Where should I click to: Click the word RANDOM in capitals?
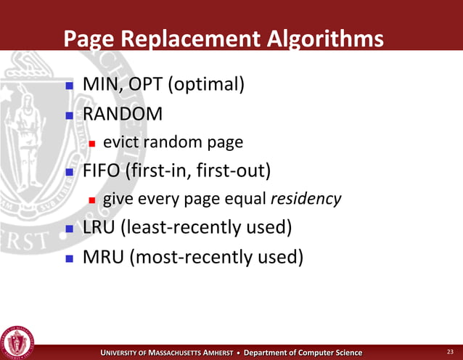point(123,114)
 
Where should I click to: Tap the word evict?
point(121,142)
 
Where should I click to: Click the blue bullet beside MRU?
point(70,257)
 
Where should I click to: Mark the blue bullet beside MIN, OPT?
point(70,86)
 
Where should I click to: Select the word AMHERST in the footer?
point(211,353)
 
